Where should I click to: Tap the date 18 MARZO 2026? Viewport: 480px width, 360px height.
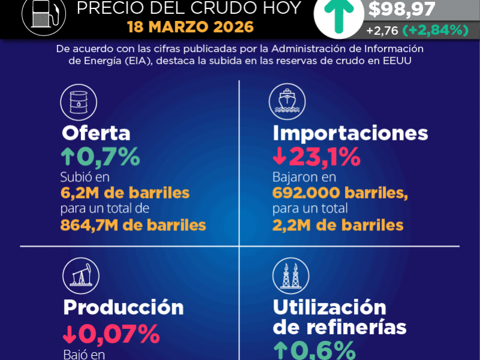point(190,28)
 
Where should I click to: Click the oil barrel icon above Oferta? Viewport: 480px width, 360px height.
point(78,100)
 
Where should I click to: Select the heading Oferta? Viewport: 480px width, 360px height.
point(95,133)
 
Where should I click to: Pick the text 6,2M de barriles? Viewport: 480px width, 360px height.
point(125,193)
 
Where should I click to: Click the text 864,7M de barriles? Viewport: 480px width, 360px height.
point(133,225)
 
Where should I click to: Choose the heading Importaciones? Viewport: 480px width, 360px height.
point(350,133)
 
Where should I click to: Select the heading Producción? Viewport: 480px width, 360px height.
point(124,307)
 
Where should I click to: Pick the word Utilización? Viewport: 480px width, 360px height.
point(329,307)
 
